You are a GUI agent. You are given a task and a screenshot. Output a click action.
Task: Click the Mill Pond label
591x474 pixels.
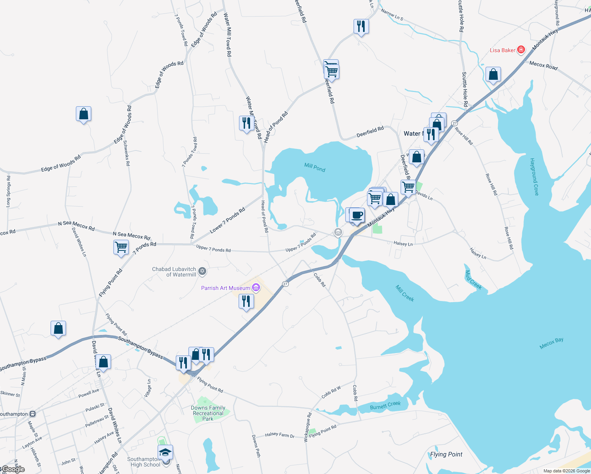[x=315, y=167]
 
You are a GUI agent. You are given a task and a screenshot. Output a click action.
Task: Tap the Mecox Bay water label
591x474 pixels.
[x=551, y=343]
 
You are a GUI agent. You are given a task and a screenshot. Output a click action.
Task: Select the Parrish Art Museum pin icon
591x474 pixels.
[x=256, y=288]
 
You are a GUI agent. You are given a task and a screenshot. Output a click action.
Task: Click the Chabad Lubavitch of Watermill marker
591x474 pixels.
[x=202, y=271]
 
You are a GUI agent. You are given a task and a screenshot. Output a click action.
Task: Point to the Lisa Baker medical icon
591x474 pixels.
[x=521, y=50]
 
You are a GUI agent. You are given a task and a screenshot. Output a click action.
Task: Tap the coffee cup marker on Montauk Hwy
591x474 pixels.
[x=357, y=215]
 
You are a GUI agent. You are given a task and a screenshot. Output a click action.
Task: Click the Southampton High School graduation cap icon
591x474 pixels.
[x=166, y=452]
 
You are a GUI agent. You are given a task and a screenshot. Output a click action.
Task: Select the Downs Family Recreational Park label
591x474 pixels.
[x=208, y=413]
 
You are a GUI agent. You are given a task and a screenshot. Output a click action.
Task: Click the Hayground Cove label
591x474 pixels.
[x=534, y=177]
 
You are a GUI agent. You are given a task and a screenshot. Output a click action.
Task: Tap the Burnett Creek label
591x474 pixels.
[x=385, y=405]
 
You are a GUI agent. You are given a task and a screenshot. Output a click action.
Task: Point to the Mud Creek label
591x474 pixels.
[x=473, y=280]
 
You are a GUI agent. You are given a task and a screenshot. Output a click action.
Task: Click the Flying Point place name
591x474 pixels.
[x=446, y=454]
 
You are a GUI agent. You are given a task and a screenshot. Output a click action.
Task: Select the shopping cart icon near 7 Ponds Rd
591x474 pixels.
[x=121, y=248]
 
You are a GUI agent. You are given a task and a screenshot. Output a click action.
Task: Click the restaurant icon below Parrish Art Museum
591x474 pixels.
[x=246, y=301]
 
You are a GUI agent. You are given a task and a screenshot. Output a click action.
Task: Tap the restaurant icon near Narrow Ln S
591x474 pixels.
[x=361, y=26]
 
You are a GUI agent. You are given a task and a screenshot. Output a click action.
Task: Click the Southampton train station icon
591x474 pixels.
[x=33, y=414]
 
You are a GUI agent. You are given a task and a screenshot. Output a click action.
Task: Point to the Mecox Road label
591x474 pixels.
[x=543, y=66]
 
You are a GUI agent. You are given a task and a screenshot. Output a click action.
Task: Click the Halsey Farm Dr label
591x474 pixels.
[x=280, y=435]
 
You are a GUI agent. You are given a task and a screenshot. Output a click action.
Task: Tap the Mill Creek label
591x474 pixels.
[x=405, y=293]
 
